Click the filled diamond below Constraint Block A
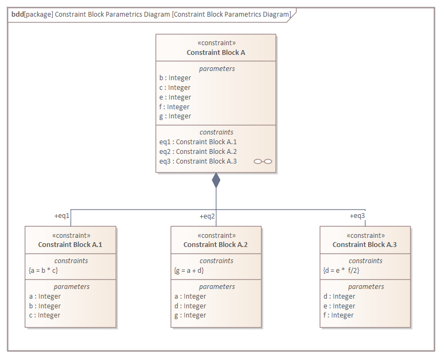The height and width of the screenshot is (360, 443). click(x=216, y=181)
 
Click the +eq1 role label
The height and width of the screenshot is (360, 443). click(x=62, y=216)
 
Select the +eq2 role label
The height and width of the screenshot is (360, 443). click(x=207, y=216)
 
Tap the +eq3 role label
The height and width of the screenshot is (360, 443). click(x=357, y=216)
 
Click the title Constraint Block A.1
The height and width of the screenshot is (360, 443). click(x=70, y=245)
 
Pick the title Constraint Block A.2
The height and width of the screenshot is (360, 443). click(x=216, y=245)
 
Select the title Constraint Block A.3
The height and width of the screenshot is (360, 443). click(x=364, y=245)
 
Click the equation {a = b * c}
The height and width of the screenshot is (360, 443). click(x=44, y=270)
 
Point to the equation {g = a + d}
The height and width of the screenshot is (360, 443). click(x=188, y=270)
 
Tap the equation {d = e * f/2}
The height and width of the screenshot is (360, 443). click(x=341, y=270)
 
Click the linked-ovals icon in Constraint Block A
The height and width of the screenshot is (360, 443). click(x=263, y=161)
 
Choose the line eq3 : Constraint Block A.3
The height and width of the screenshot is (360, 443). click(x=198, y=161)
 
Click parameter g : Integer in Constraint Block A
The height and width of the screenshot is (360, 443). click(x=175, y=116)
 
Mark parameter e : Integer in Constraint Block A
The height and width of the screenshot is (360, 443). click(x=175, y=97)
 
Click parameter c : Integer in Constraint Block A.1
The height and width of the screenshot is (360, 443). click(x=45, y=315)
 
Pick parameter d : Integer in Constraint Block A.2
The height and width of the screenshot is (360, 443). click(x=191, y=306)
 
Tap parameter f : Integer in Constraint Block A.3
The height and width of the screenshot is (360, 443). click(x=339, y=315)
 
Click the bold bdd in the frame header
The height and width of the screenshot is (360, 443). click(x=17, y=15)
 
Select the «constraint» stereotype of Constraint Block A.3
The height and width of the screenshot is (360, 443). click(x=365, y=236)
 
